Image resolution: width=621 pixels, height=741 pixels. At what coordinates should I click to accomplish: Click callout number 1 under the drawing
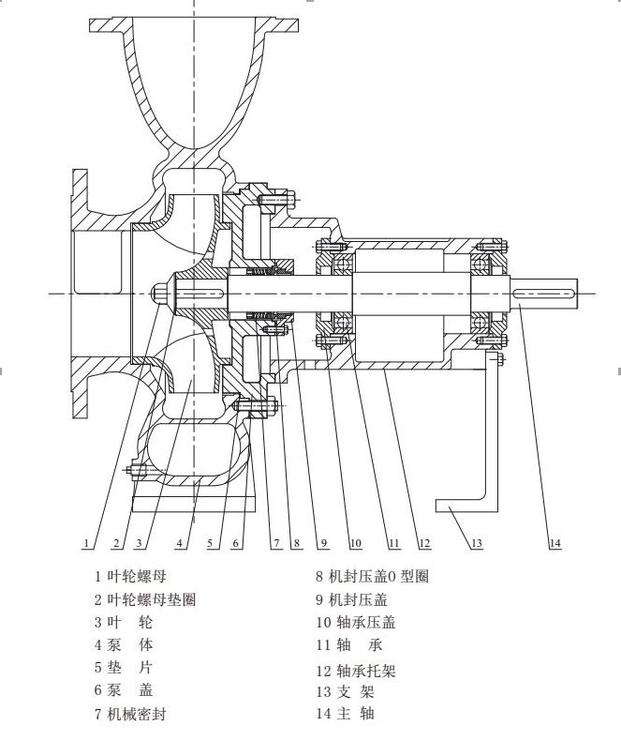coord(86,543)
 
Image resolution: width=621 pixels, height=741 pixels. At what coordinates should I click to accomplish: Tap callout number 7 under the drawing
coord(276,543)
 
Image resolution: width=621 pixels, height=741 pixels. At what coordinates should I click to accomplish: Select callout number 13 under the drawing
coord(477,543)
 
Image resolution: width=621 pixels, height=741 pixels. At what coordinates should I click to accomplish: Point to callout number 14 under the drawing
coord(554,543)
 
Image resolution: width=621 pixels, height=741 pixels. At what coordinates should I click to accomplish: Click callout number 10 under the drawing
coord(355,543)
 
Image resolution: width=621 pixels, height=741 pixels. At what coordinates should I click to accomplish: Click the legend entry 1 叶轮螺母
coord(130,576)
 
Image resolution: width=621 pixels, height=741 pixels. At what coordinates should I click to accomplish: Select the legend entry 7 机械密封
coord(130,714)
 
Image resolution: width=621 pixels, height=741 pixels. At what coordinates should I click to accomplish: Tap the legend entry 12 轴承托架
coord(356,670)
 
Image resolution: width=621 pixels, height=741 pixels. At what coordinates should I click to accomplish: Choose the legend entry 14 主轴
coord(346,713)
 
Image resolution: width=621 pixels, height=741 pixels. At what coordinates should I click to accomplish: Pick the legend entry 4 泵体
coord(124,644)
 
